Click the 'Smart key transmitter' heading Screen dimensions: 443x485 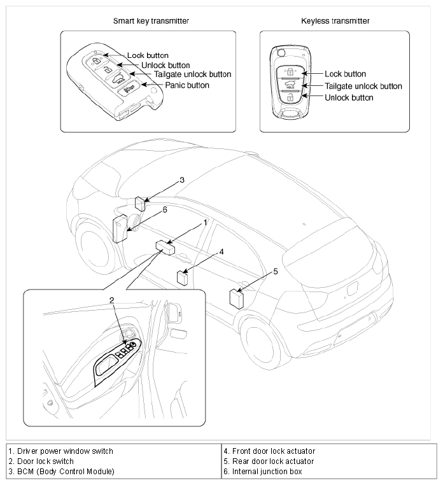151,21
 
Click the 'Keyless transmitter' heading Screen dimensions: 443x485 335,21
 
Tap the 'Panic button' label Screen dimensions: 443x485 187,85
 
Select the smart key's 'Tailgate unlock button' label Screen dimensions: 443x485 193,74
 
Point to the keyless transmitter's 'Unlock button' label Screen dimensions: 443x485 349,98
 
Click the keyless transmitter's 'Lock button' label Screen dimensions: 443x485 345,74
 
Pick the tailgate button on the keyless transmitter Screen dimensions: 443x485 290,85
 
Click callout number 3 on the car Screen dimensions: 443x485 182,180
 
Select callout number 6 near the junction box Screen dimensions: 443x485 165,210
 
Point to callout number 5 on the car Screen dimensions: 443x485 276,272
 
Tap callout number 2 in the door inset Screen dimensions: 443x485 111,300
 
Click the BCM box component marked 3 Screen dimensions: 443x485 141,204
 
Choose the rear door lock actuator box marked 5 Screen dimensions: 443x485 236,299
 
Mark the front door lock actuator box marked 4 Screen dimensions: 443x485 183,278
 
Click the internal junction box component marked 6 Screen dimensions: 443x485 121,229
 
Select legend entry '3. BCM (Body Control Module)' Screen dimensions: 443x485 62,472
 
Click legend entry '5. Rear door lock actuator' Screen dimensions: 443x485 269,461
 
